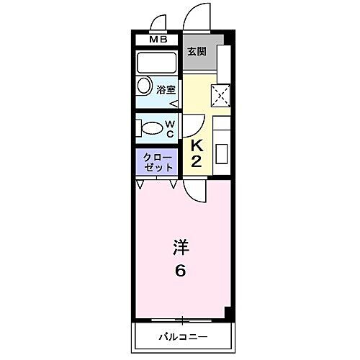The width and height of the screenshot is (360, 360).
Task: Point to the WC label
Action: point(171,129)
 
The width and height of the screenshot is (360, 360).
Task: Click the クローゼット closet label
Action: point(158,161)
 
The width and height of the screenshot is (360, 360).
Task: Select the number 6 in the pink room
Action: point(180,271)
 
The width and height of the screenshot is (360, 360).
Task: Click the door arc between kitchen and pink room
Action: point(193,189)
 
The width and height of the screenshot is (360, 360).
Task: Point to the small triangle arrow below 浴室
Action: point(174,102)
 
